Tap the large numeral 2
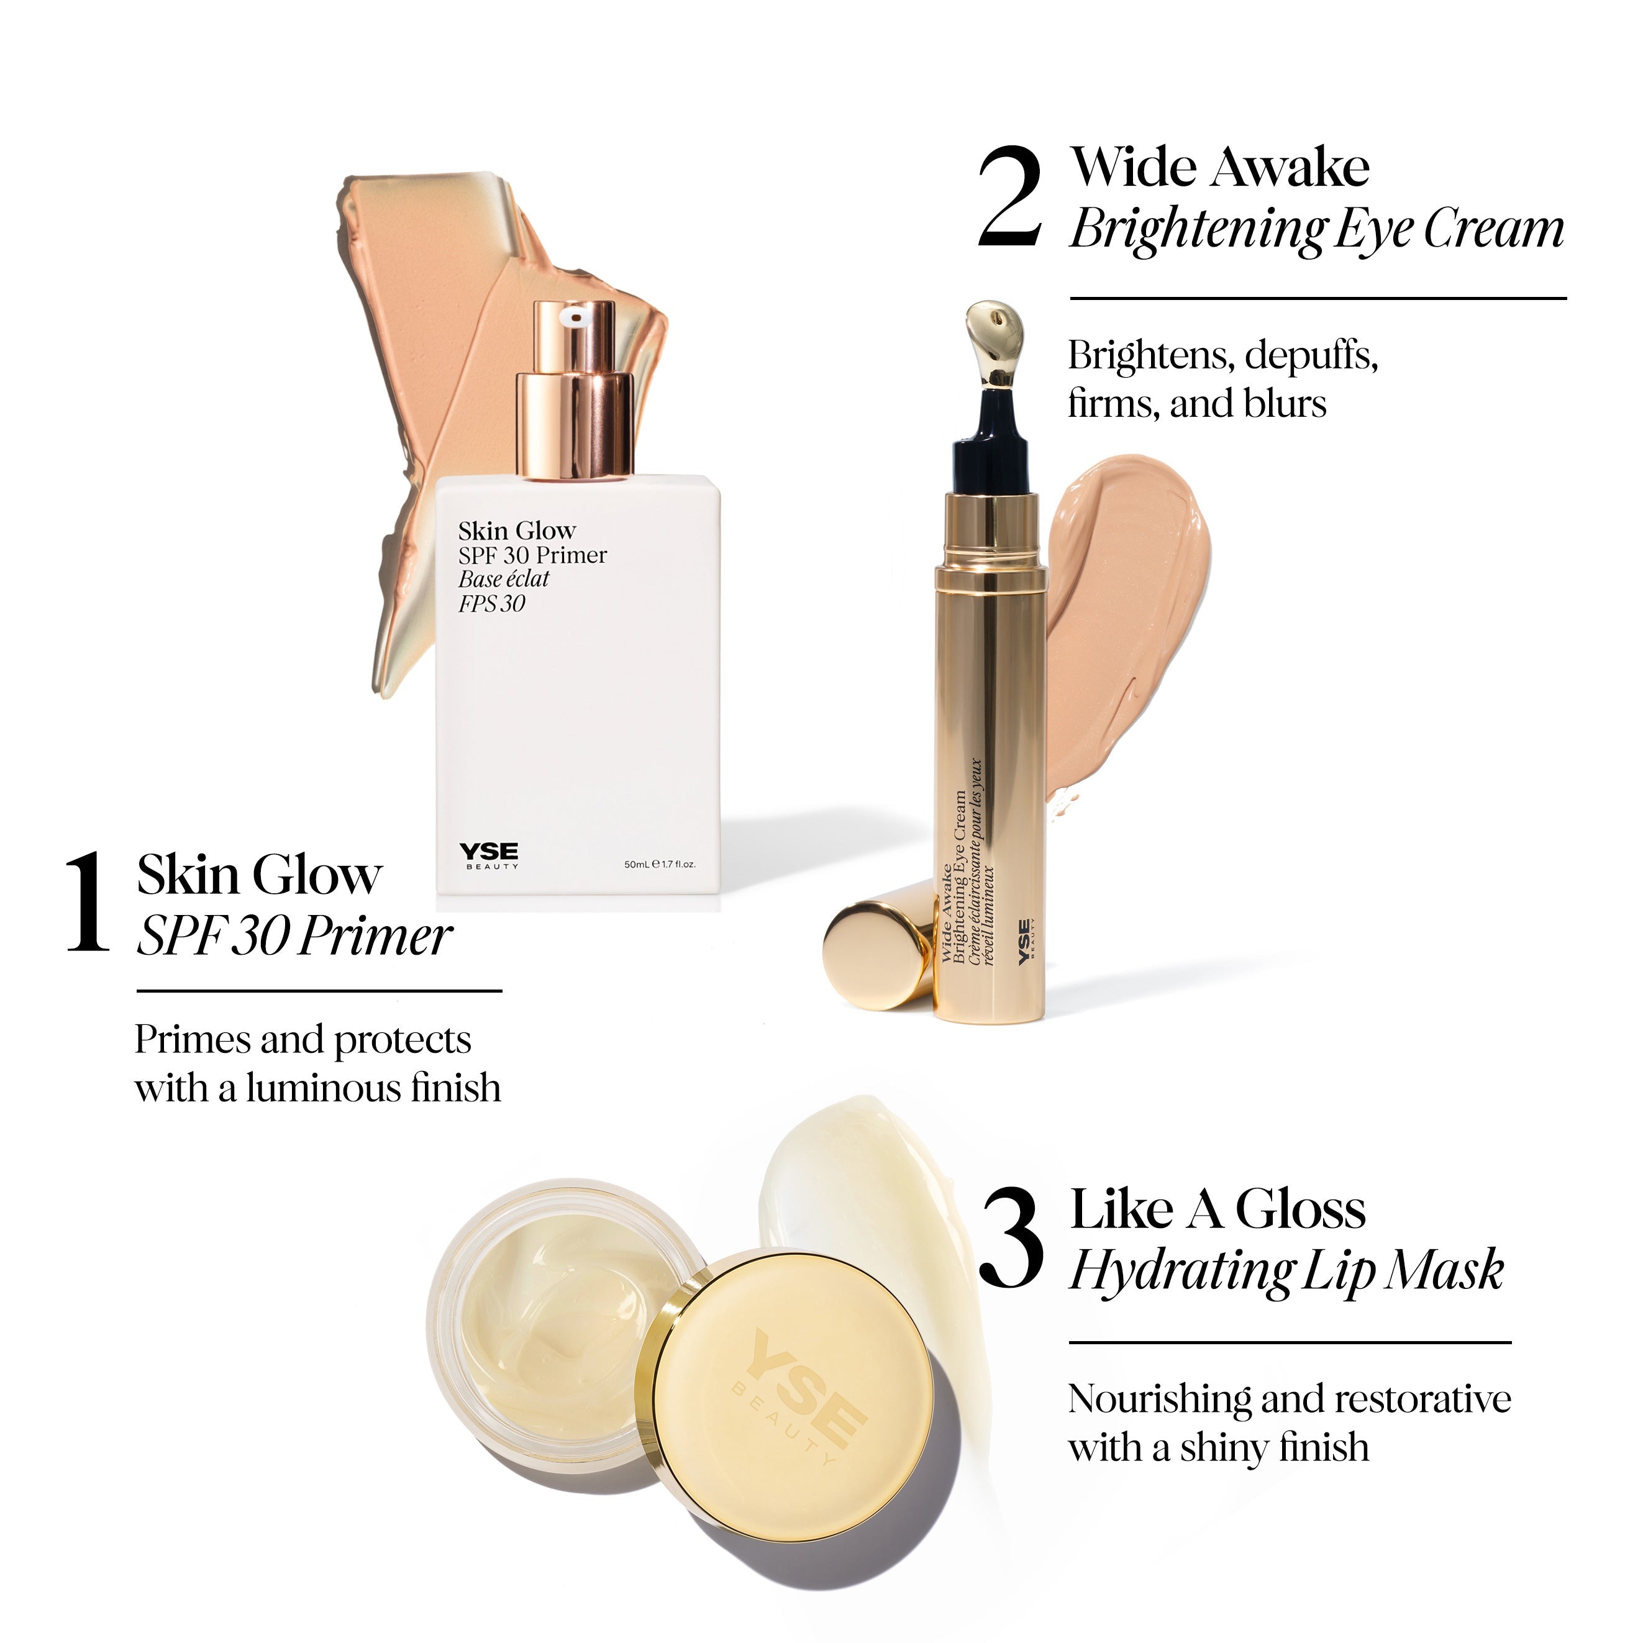click(x=1009, y=196)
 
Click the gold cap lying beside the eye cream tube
click(x=880, y=945)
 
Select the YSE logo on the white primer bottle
click(x=489, y=855)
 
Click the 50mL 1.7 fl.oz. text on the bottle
click(x=660, y=864)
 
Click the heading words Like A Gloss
click(x=1217, y=1209)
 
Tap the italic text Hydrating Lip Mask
click(x=1286, y=1273)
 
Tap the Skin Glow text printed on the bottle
click(x=517, y=532)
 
